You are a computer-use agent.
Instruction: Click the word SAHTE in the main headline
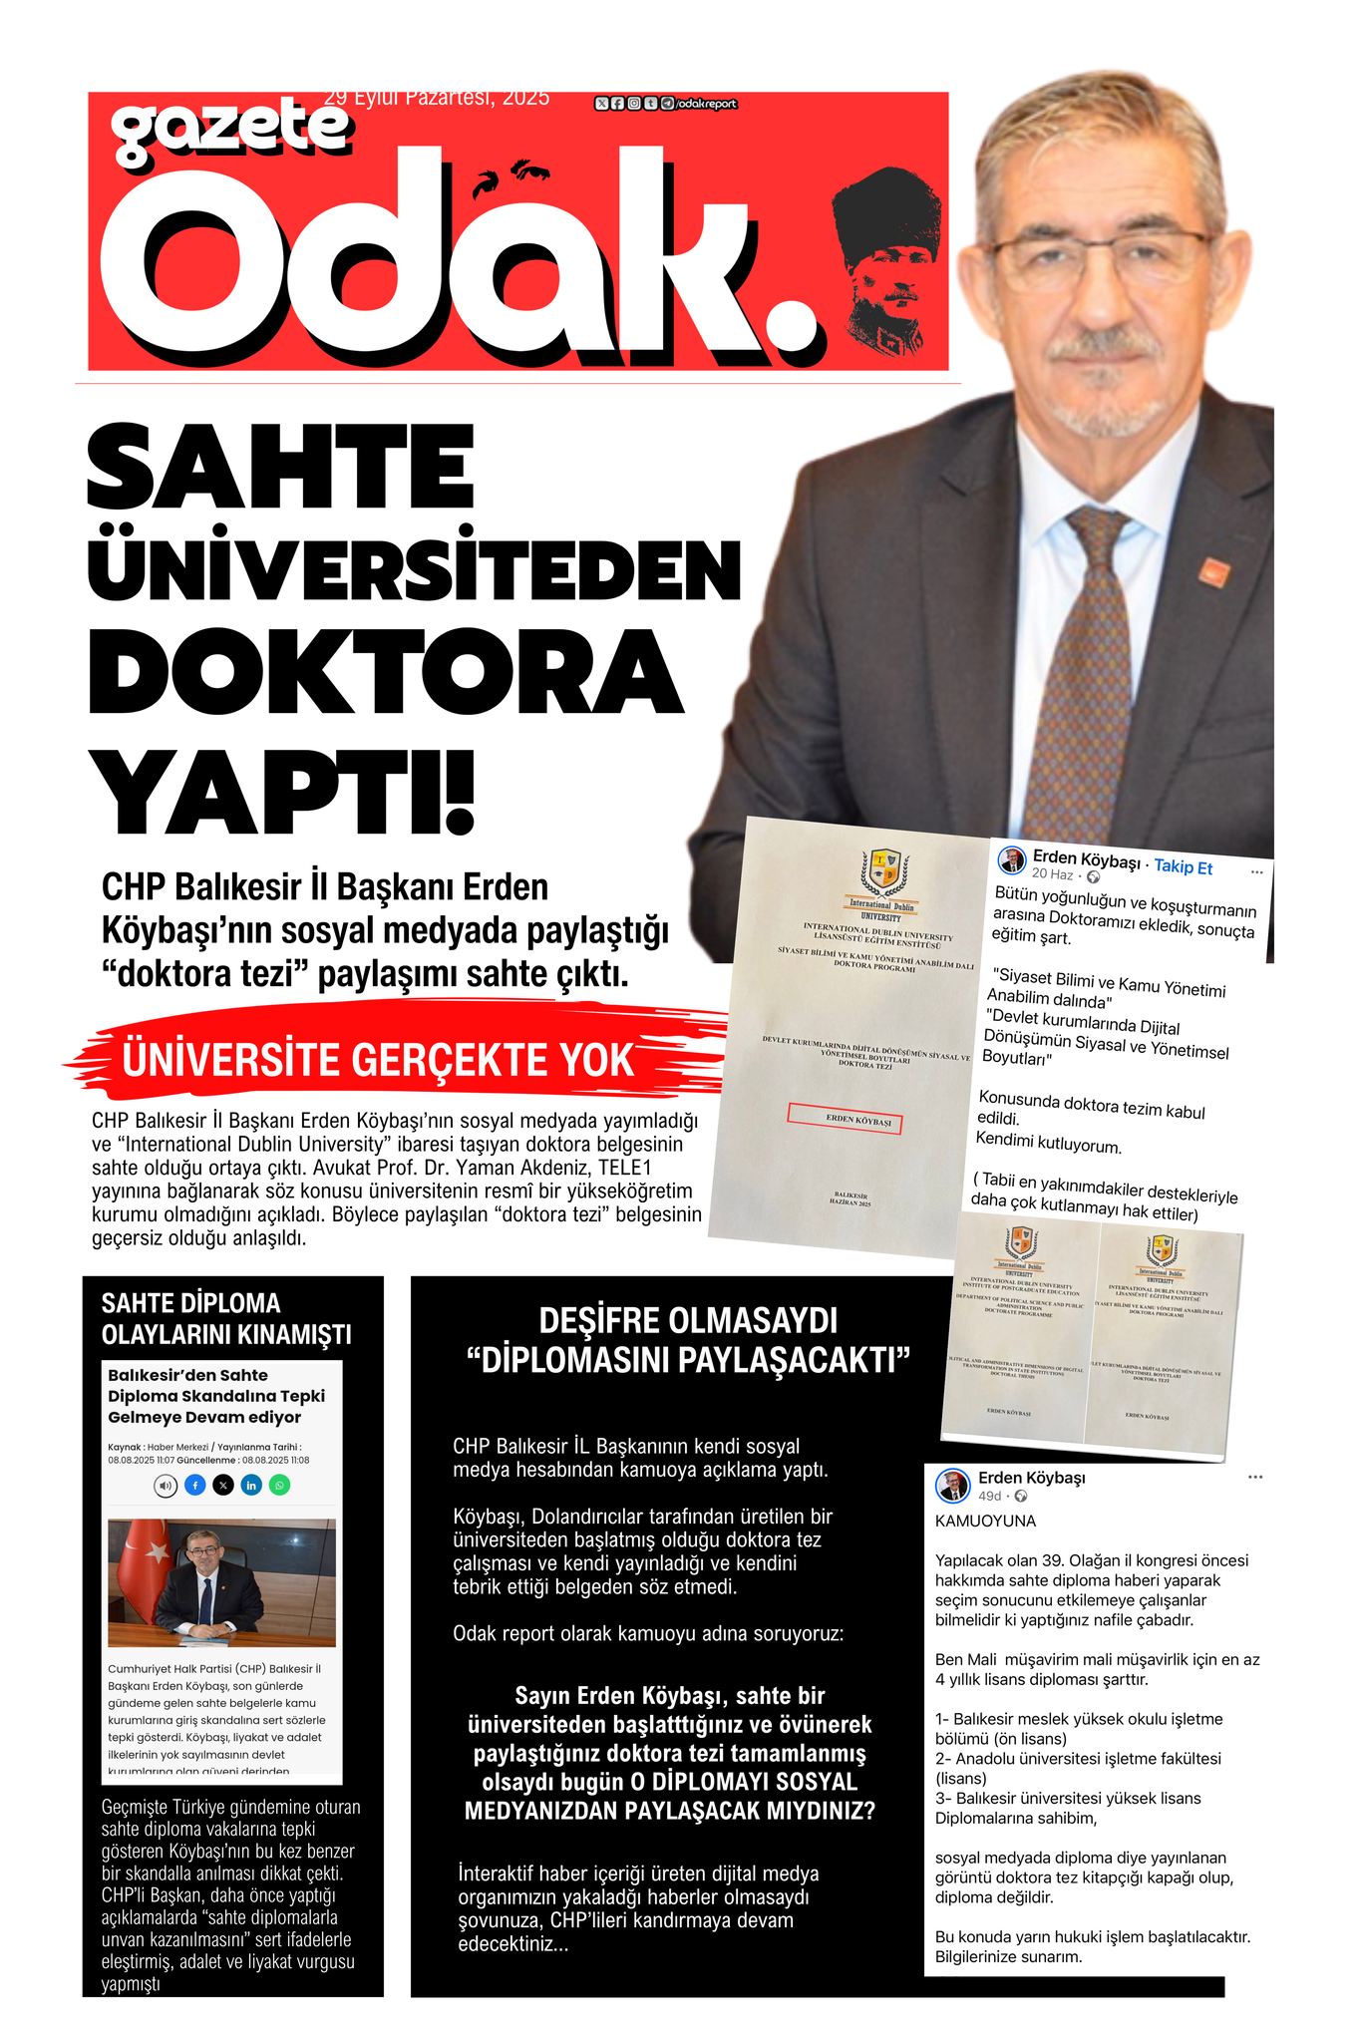(x=280, y=469)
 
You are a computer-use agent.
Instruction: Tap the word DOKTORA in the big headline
(x=385, y=671)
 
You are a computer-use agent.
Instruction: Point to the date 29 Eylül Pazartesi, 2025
(x=437, y=98)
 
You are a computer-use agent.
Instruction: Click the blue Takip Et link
(x=1183, y=866)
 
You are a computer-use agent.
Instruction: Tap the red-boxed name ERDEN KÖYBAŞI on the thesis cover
(x=844, y=1119)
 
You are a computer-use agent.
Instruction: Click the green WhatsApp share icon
(x=280, y=1485)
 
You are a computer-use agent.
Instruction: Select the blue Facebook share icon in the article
(x=195, y=1485)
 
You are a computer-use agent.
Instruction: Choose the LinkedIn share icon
(x=251, y=1485)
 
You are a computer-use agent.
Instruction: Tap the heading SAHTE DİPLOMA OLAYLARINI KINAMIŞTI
(x=226, y=1318)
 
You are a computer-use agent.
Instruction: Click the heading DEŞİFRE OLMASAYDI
(x=688, y=1321)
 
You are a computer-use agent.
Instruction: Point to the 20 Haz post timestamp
(x=1053, y=874)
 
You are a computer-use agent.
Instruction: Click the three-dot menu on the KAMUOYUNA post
(x=1254, y=1477)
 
